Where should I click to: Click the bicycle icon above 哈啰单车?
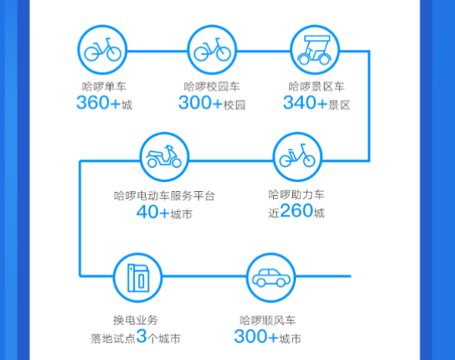point(103,49)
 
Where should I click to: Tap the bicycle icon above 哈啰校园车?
point(212,49)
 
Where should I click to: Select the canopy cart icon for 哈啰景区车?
point(315,50)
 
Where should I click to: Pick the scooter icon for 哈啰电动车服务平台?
point(164,157)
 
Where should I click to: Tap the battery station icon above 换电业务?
point(138,278)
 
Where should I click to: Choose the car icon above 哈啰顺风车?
point(271,278)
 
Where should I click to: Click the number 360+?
point(98,103)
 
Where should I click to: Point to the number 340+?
point(305,103)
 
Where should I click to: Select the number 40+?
point(153,212)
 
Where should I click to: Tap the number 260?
point(297,210)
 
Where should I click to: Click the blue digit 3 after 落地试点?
point(141,336)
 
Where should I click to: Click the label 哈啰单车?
point(104,87)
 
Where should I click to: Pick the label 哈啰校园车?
point(212,87)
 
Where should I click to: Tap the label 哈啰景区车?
point(317,87)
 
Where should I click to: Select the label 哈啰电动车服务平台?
point(164,196)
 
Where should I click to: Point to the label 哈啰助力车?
point(296,194)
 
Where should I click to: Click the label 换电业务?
point(136,320)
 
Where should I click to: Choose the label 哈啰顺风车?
point(267,320)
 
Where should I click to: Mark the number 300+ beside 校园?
point(200,103)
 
